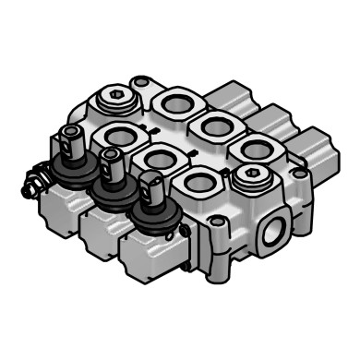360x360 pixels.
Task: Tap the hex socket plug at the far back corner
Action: tap(112, 102)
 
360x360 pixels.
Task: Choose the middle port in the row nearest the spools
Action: tap(161, 160)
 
